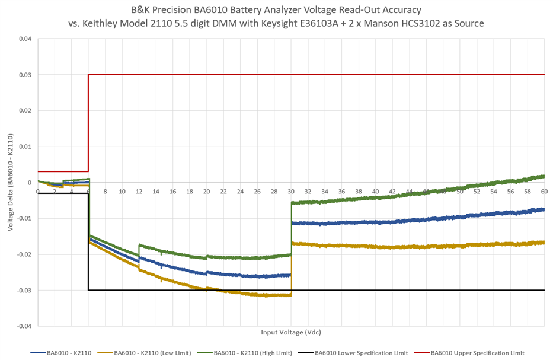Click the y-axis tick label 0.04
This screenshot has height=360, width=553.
(25, 39)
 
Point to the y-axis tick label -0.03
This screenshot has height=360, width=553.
(24, 290)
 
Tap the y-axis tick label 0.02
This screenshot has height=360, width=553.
(25, 111)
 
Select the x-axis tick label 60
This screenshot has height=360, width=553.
(544, 192)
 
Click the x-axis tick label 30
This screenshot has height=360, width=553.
(291, 192)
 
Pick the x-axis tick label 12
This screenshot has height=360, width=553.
(139, 192)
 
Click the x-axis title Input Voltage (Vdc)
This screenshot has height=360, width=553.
(290, 332)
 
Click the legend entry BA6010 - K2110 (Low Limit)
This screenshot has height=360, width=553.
(152, 353)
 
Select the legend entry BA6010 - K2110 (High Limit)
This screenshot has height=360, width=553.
(252, 353)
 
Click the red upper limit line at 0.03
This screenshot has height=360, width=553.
(296, 75)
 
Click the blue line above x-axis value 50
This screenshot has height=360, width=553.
(459, 216)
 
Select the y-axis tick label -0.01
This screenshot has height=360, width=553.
(24, 218)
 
